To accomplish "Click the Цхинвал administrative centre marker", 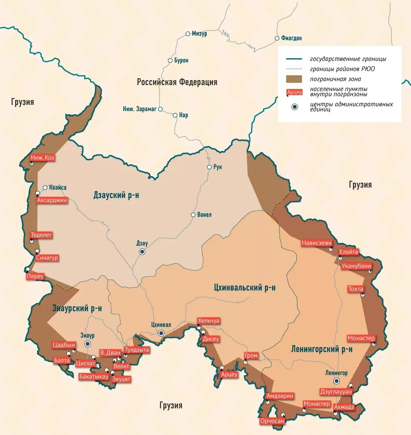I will click(x=161, y=333).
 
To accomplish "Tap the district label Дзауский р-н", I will click(x=116, y=195).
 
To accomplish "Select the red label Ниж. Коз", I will click(x=43, y=158).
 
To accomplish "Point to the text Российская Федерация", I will click(x=177, y=82).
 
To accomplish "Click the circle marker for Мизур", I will click(x=188, y=34).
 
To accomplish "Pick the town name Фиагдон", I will click(x=291, y=38).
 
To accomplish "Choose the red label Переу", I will click(x=35, y=277).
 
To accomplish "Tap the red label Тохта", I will click(x=356, y=289).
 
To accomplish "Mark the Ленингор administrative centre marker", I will click(x=337, y=381).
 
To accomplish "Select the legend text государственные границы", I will click(x=348, y=59).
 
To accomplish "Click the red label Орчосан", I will click(x=272, y=421).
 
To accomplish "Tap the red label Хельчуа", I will click(x=209, y=321).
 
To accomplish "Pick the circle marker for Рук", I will click(x=209, y=167).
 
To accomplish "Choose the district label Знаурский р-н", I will click(x=77, y=308).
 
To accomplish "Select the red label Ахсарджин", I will click(x=52, y=200).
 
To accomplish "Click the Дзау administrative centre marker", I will click(x=142, y=252).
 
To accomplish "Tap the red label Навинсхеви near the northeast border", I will click(x=316, y=243).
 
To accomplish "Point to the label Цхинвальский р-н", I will click(x=245, y=287).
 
